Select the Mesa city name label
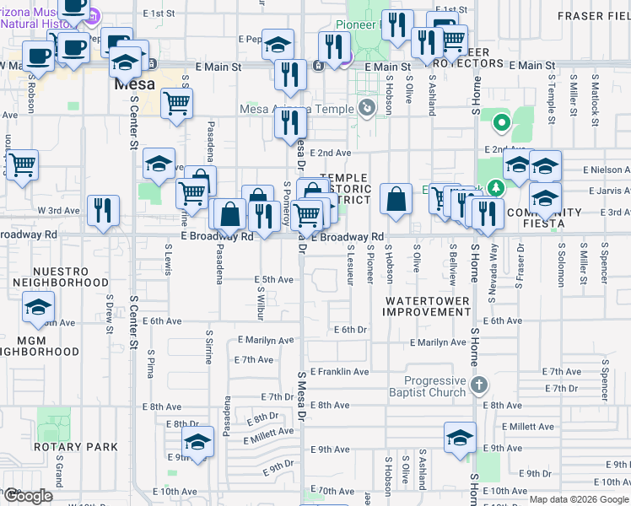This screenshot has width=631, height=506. tap(134, 85)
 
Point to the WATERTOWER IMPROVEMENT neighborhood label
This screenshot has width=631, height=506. tap(426, 306)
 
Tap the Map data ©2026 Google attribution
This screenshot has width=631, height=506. tap(578, 499)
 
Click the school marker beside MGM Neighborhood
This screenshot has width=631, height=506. tap(38, 308)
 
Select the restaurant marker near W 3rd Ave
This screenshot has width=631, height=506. tap(103, 211)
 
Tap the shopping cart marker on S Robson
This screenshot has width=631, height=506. tap(21, 164)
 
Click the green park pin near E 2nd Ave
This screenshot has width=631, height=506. tap(501, 123)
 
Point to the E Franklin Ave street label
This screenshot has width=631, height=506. tap(339, 371)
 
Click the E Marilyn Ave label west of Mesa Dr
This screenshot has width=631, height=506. tap(265, 340)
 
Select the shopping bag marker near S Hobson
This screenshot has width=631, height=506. tap(395, 200)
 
